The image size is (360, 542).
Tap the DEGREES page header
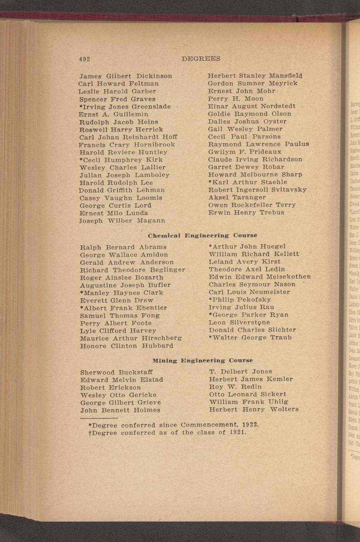click(201, 59)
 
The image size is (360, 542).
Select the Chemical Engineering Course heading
click(202, 236)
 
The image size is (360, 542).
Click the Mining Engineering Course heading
click(202, 360)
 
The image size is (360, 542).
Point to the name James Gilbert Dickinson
click(125, 76)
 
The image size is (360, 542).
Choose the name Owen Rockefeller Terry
click(252, 205)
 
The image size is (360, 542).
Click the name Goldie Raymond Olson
click(250, 114)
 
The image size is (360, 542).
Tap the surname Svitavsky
click(288, 190)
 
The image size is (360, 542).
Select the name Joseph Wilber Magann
click(122, 221)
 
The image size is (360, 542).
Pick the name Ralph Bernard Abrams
click(123, 247)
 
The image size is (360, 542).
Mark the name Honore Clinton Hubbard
click(127, 346)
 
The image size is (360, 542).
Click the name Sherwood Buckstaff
click(116, 372)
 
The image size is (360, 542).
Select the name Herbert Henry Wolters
click(253, 409)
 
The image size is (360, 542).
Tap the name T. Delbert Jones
click(241, 372)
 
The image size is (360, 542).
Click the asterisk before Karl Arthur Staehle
click(210, 182)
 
